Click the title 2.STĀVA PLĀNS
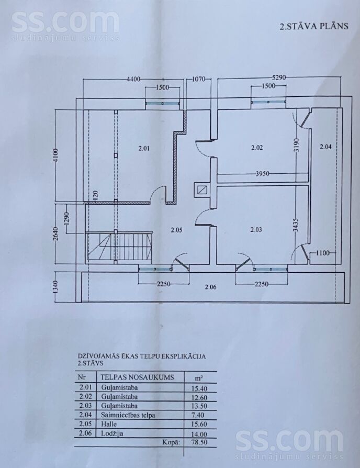pyautogui.click(x=314, y=26)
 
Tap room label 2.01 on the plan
pyautogui.click(x=144, y=148)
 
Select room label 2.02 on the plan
pyautogui.click(x=257, y=148)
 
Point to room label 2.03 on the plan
pyautogui.click(x=256, y=229)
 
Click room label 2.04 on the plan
pyautogui.click(x=325, y=147)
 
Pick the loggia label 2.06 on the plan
pyautogui.click(x=210, y=287)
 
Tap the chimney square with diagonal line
pyautogui.click(x=202, y=190)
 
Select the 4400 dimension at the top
pyautogui.click(x=133, y=80)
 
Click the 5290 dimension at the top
pyautogui.click(x=279, y=78)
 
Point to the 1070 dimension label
pyautogui.click(x=198, y=79)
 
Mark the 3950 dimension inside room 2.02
pyautogui.click(x=263, y=174)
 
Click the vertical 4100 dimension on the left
pyautogui.click(x=57, y=155)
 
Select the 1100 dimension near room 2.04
pyautogui.click(x=323, y=253)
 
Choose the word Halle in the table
pyautogui.click(x=108, y=424)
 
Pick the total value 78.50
pyautogui.click(x=199, y=442)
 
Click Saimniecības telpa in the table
pyautogui.click(x=128, y=415)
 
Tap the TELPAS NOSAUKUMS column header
pyautogui.click(x=137, y=377)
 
